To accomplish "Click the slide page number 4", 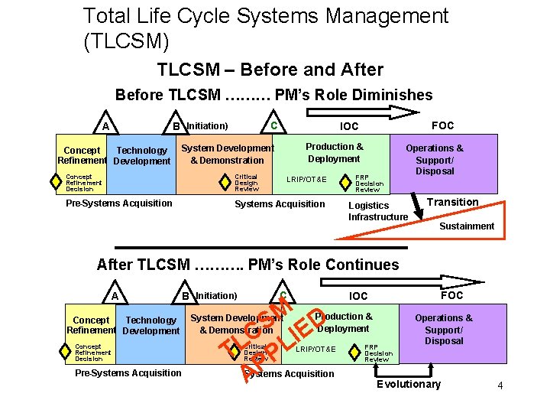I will [x=500, y=386].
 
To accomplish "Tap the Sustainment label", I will [x=466, y=226].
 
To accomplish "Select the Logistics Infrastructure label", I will [x=378, y=211].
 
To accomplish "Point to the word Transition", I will [x=452, y=202].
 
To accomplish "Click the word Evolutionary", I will [x=409, y=384].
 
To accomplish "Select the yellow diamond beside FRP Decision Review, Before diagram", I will [x=348, y=182].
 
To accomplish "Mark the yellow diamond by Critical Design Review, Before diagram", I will [x=225, y=182].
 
